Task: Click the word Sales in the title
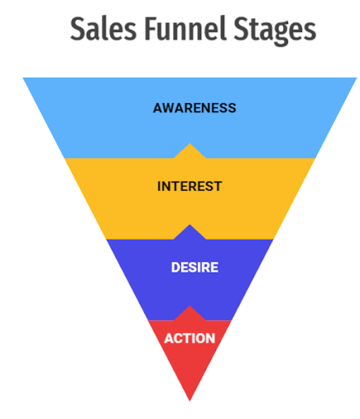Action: (x=103, y=29)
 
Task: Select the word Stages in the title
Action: (x=275, y=30)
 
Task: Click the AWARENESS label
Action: (x=195, y=108)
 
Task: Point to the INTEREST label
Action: (x=190, y=187)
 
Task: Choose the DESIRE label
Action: (x=195, y=268)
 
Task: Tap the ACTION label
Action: (x=190, y=339)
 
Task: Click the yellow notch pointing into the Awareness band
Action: (x=190, y=151)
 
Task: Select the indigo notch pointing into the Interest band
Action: (x=190, y=232)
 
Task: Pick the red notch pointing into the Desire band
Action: (x=190, y=313)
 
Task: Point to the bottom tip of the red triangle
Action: (x=190, y=401)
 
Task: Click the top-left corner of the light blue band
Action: (x=23, y=78)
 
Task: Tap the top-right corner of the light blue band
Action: (x=357, y=78)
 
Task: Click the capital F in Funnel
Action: (x=151, y=29)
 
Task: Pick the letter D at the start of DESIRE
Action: (x=176, y=268)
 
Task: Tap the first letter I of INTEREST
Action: (x=159, y=187)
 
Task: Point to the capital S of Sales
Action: (x=78, y=29)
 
